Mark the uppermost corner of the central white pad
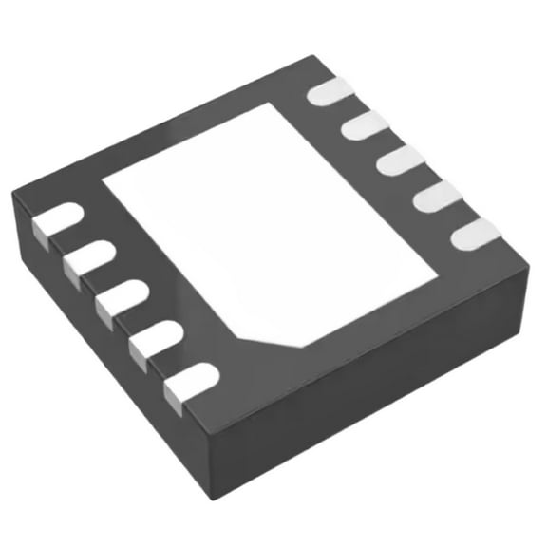click(x=283, y=105)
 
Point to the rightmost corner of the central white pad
click(x=437, y=276)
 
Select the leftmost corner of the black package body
click(x=11, y=195)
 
